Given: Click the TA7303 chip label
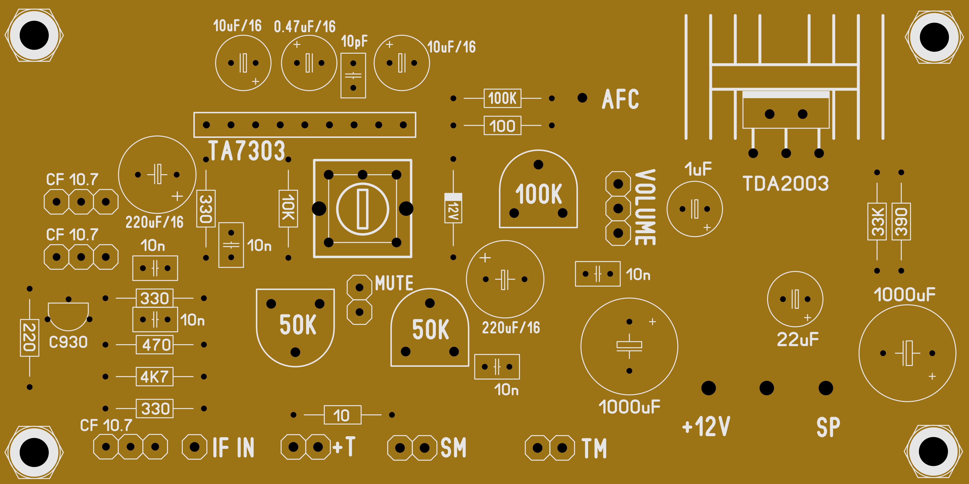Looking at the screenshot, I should point(246,151).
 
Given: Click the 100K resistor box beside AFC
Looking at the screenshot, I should point(502,98).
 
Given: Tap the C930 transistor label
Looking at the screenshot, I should point(68,342).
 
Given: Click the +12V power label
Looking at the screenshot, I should point(706,426).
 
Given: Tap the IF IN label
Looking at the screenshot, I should point(233,448).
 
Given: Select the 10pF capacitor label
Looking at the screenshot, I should point(354,41).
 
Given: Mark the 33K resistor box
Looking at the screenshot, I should point(877,222).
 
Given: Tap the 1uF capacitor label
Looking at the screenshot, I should point(698,169).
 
